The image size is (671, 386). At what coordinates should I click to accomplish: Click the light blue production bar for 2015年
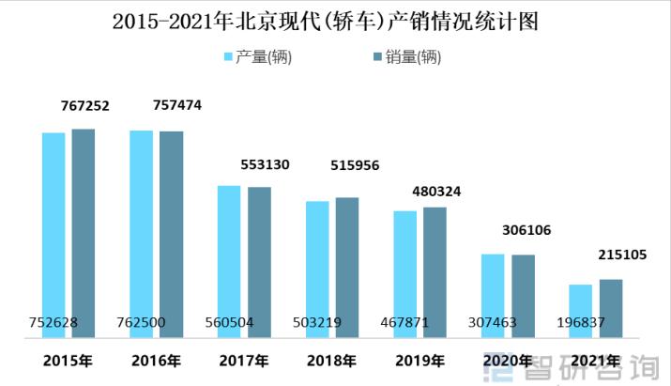point(53,235)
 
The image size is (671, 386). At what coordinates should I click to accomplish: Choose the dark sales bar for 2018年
point(347,267)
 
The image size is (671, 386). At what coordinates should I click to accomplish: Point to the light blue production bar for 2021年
point(581,310)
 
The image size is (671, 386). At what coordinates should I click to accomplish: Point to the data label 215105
point(621,255)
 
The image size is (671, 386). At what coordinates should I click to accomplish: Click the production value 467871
point(404,323)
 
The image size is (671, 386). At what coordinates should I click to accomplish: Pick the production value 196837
point(580,323)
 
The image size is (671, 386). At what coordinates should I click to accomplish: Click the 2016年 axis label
point(156,361)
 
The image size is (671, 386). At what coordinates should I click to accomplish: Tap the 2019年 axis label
point(419,361)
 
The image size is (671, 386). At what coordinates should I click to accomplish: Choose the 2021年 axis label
point(595,360)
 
